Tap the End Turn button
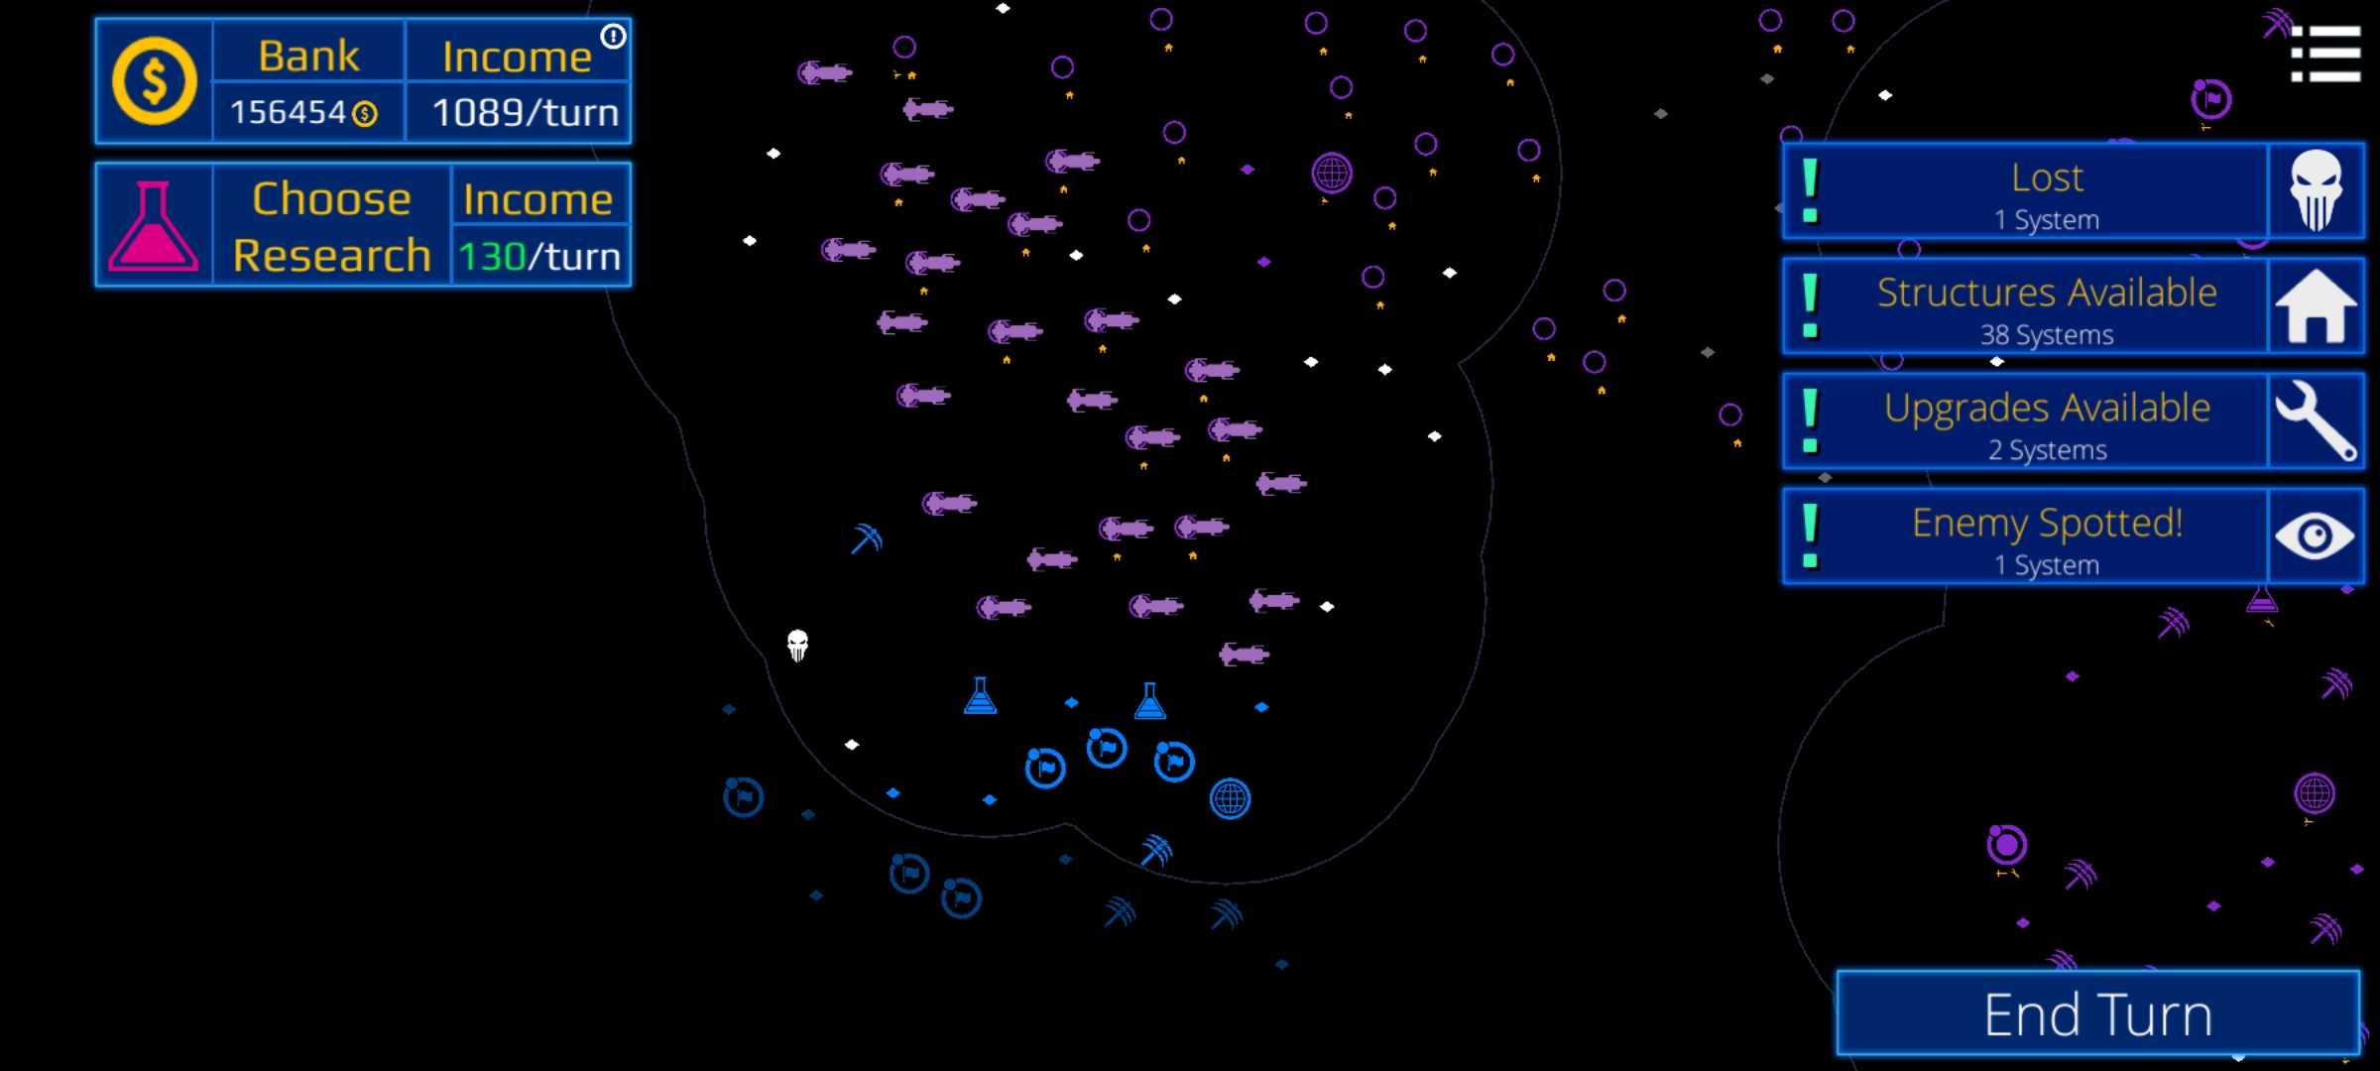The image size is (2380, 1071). coord(2097,1013)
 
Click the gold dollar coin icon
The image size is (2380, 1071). coord(154,81)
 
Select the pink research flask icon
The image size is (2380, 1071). coord(153,226)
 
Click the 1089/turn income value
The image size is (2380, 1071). coord(525,113)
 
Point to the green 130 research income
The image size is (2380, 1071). coord(492,257)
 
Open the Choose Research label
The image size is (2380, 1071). coord(331,226)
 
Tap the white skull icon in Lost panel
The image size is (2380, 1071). coord(2315,190)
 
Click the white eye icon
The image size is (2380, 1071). coord(2315,536)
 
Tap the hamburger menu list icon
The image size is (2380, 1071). coord(2324,54)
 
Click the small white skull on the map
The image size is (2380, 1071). coord(797,646)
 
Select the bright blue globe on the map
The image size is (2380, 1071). coord(1230,798)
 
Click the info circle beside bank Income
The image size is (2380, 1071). coord(614,37)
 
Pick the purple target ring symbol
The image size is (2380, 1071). coord(2006,845)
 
